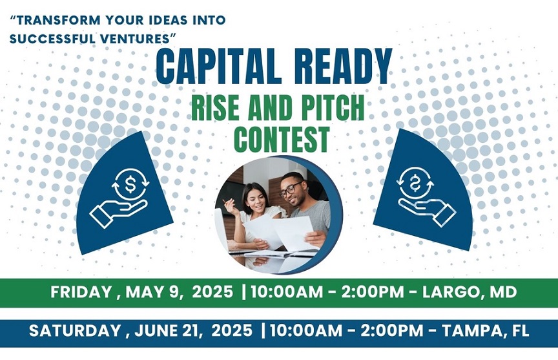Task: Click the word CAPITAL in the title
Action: click(x=217, y=67)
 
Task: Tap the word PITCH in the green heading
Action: click(x=333, y=108)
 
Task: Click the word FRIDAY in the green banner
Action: click(x=81, y=292)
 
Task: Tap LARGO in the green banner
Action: click(x=451, y=292)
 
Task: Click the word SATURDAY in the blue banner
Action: click(x=75, y=331)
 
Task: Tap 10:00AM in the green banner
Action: click(x=291, y=292)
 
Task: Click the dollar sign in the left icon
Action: click(x=130, y=184)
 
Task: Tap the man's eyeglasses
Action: click(x=291, y=189)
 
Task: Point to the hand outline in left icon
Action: click(x=118, y=212)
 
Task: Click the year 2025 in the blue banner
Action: click(x=232, y=331)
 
